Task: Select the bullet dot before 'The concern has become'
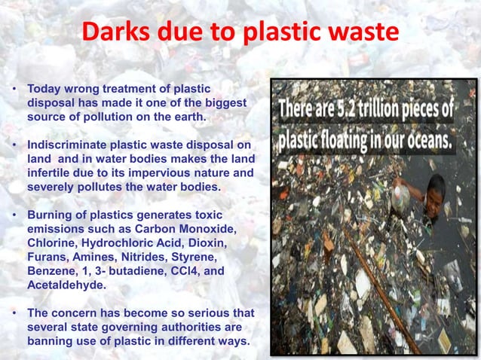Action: (14, 311)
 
